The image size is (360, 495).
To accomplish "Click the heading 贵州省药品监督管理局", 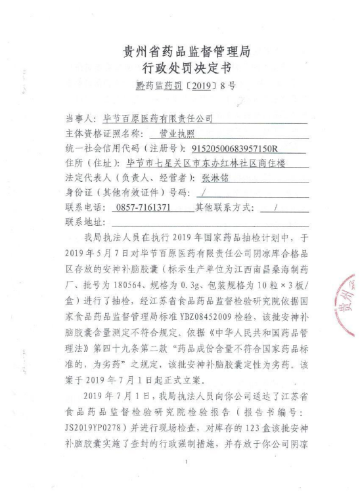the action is (x=186, y=51).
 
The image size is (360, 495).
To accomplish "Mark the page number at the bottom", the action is (x=189, y=463).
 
